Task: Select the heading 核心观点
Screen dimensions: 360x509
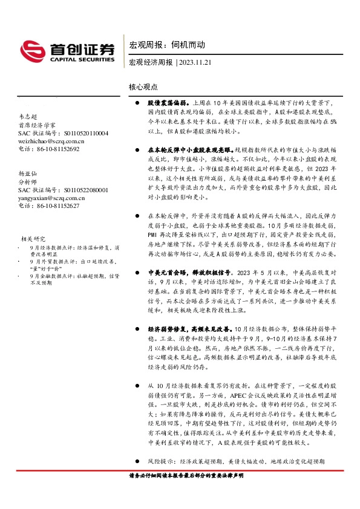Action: click(x=142, y=88)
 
